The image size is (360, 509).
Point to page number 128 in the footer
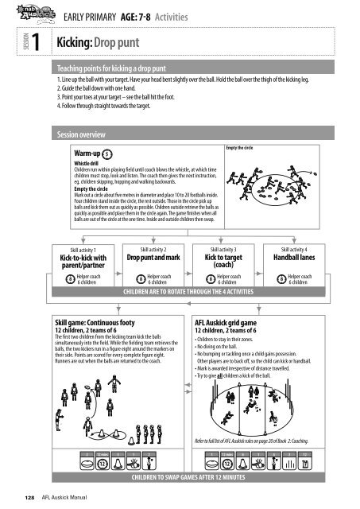pyautogui.click(x=29, y=497)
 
